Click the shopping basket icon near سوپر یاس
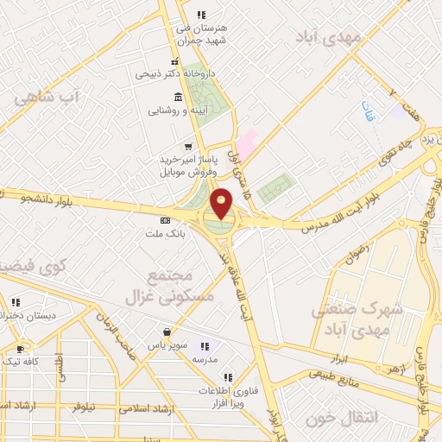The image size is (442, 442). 165,331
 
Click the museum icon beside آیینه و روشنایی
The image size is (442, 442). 177,96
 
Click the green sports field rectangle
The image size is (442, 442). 275,187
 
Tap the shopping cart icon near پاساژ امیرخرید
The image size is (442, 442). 188,146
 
